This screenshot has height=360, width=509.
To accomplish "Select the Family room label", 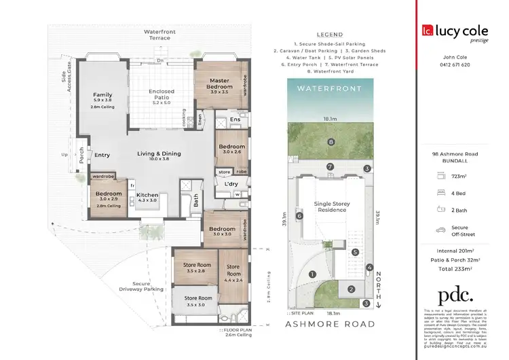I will (x=103, y=94).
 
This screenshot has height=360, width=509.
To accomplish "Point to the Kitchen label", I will (x=147, y=195).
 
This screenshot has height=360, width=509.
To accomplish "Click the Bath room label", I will (x=195, y=201).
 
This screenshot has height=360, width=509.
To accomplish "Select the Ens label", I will (x=235, y=120).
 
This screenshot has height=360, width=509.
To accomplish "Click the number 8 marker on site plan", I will (x=331, y=142).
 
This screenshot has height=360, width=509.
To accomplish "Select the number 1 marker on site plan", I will (x=312, y=274).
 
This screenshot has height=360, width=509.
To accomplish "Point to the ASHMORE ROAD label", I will (x=329, y=324).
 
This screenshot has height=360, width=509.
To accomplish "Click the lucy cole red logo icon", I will (x=427, y=30).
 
